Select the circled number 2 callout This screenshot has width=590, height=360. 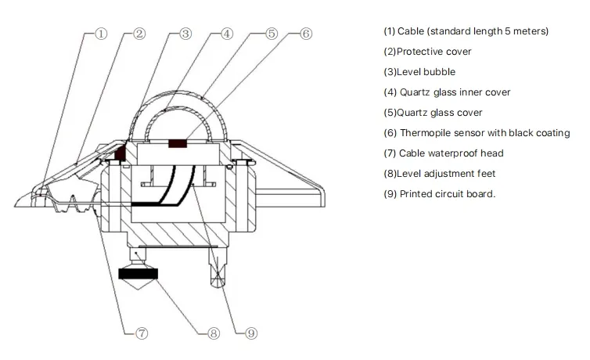click(x=139, y=34)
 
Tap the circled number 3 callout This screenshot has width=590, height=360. click(x=185, y=34)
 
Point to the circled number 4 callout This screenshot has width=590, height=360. click(x=226, y=34)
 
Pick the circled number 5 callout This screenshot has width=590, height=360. click(x=271, y=34)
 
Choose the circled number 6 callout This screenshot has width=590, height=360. click(x=306, y=34)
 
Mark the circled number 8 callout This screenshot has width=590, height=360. click(x=214, y=333)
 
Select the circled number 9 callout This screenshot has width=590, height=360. click(x=250, y=333)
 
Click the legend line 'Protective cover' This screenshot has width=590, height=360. click(x=427, y=52)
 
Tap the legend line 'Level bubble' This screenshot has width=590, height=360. click(x=419, y=72)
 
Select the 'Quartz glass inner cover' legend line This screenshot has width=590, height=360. click(x=446, y=92)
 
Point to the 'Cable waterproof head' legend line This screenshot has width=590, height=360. click(x=443, y=153)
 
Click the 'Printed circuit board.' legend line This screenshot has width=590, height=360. click(x=439, y=194)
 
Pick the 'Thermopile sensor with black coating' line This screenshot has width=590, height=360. click(x=476, y=133)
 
